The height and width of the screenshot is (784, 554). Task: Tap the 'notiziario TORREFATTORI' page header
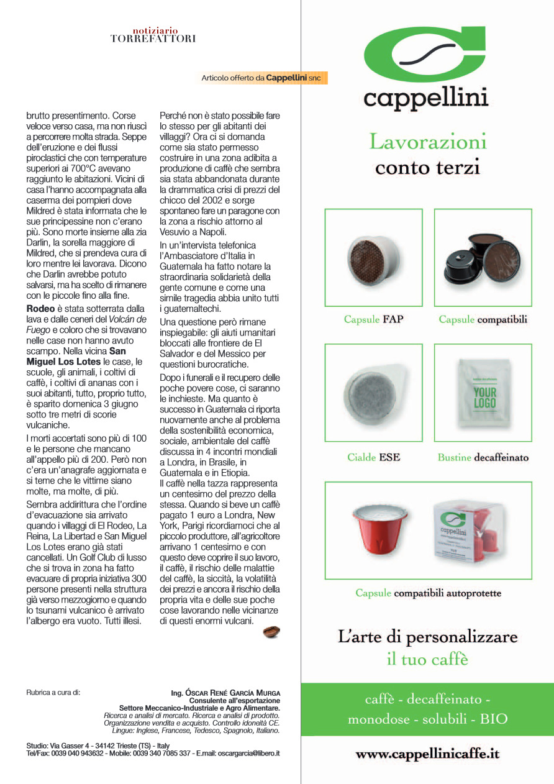[x=153, y=35]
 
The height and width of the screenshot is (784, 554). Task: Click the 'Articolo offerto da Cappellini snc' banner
[x=263, y=78]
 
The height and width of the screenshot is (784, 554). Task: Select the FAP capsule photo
[x=373, y=257]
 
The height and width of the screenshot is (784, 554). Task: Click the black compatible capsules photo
[x=483, y=257]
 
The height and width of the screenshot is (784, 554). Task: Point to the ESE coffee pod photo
[x=373, y=393]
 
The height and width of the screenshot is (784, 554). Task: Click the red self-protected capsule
[x=378, y=529]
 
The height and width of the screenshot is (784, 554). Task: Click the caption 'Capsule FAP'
[x=373, y=319]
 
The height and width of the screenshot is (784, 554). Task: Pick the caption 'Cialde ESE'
[x=373, y=457]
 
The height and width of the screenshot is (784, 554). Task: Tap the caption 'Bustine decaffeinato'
[x=483, y=458]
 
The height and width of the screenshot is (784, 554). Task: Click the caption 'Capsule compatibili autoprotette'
[x=428, y=593]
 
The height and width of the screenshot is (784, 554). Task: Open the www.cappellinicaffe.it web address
[x=427, y=754]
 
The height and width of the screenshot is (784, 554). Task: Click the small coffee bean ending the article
[x=271, y=632]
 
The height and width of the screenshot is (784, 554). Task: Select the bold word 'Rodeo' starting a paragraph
[x=40, y=308]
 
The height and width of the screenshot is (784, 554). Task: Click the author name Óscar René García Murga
[x=225, y=693]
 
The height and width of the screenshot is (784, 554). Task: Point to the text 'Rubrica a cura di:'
[x=53, y=692]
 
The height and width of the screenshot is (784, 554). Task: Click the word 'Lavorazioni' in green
[x=428, y=142]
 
